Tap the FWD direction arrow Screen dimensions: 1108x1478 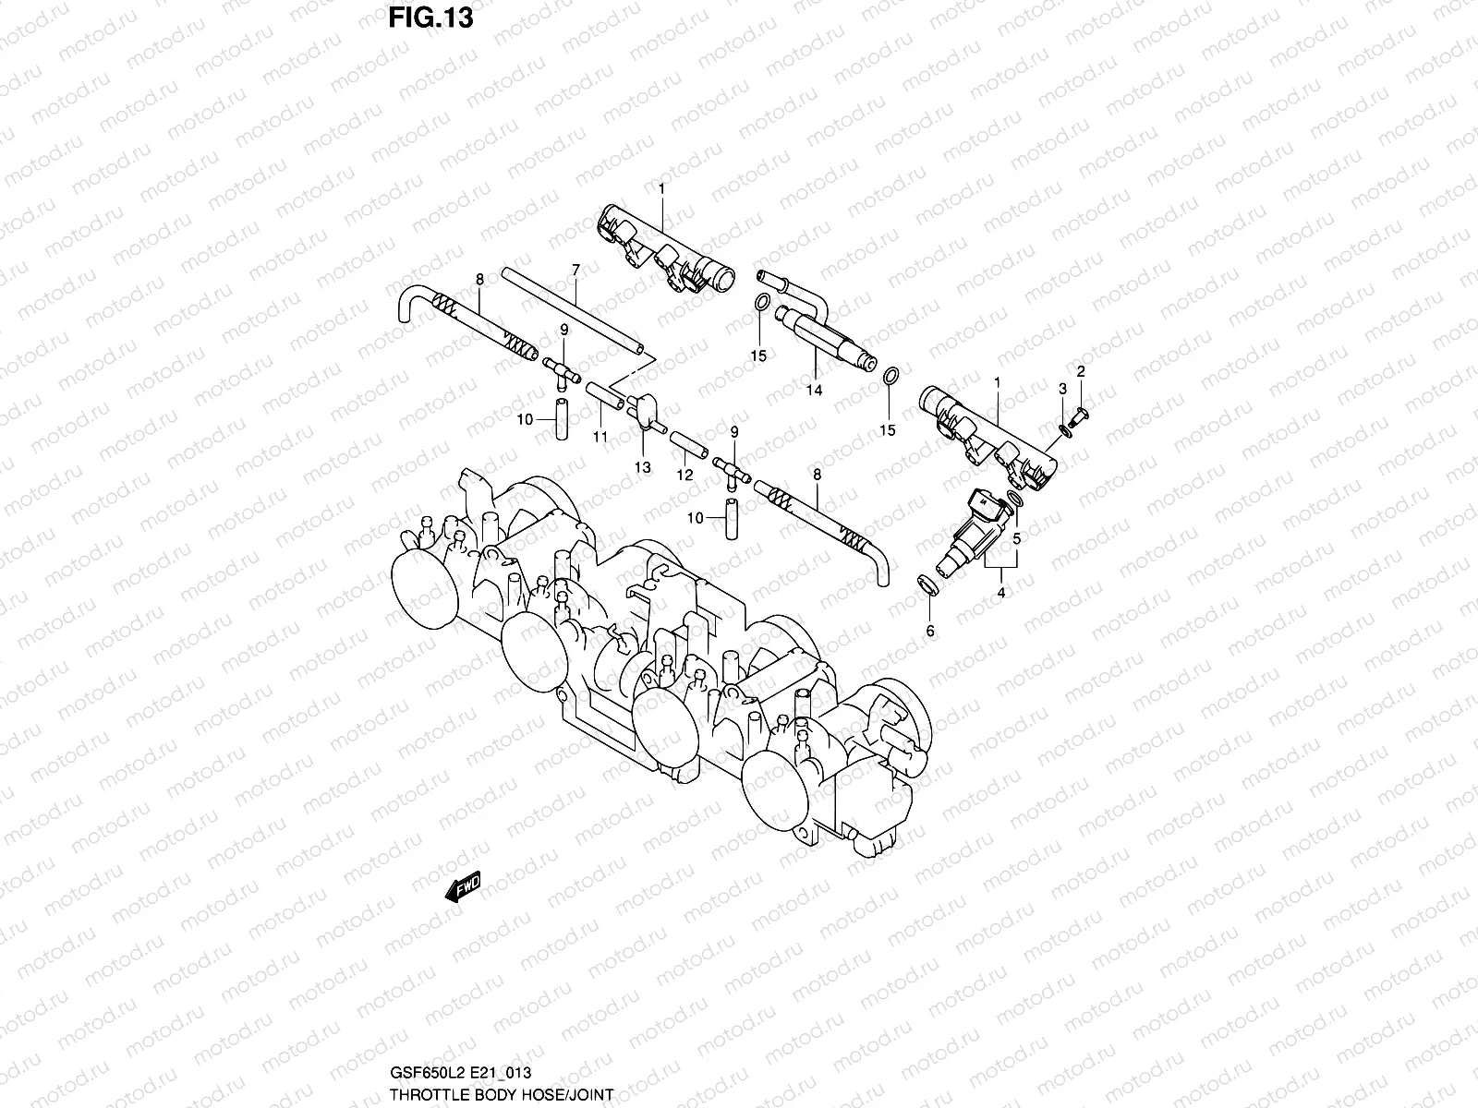click(463, 887)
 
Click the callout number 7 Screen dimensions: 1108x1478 click(575, 270)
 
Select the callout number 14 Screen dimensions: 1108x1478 click(813, 391)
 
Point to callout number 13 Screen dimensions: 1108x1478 click(642, 467)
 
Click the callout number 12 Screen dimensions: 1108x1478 click(684, 475)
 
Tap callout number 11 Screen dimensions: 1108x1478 click(600, 437)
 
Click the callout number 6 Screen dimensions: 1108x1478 click(929, 631)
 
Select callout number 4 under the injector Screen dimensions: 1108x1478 click(1000, 594)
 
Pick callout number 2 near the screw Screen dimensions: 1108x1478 click(1081, 372)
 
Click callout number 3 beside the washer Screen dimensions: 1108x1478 click(1063, 389)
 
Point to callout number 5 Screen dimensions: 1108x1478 click(1016, 536)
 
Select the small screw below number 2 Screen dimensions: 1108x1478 click(1081, 414)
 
